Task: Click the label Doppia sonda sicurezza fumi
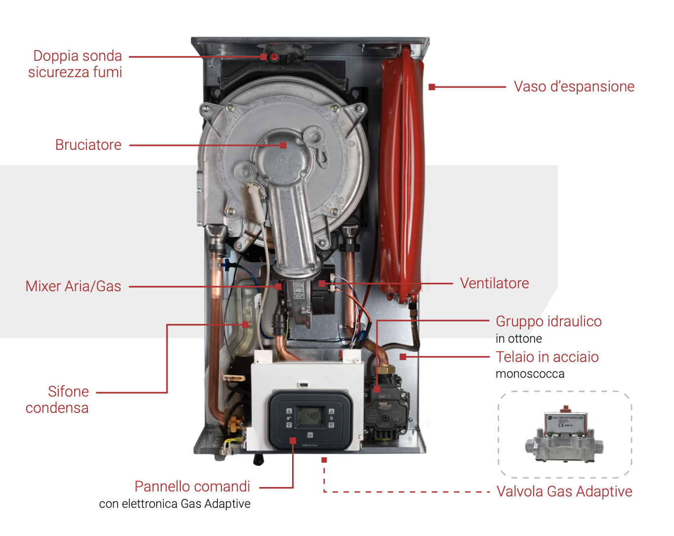75,64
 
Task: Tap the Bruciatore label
88,145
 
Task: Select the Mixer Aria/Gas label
73,286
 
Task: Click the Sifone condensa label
57,400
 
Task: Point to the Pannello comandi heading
192,487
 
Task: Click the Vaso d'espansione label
574,87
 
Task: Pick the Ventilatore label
494,283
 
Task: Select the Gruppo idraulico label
548,321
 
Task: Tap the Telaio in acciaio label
547,357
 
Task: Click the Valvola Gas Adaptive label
564,491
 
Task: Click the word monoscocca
530,374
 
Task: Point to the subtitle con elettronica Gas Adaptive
175,504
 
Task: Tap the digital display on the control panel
310,416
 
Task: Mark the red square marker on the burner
283,145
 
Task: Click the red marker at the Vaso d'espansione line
432,87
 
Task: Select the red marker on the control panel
293,440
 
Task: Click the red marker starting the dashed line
324,460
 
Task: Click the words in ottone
518,339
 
